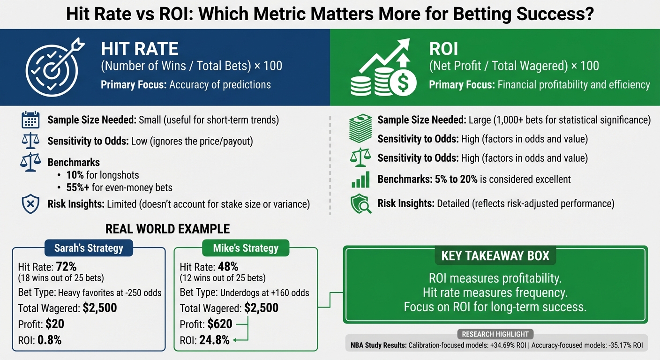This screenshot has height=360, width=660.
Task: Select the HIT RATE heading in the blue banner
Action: coord(140,49)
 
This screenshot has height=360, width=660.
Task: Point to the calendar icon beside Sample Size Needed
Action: coord(30,120)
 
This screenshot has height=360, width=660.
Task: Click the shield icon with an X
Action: coord(30,204)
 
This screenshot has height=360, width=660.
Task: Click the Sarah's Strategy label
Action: coord(89,248)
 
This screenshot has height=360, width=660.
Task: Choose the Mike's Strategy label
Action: coord(246,248)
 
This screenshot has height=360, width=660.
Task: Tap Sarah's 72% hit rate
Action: coord(66,267)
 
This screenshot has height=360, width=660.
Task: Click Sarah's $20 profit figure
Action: coord(54,324)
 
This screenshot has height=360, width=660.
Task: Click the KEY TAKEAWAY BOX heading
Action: coord(495,256)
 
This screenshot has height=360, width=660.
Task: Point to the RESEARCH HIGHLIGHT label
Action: coord(495,334)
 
